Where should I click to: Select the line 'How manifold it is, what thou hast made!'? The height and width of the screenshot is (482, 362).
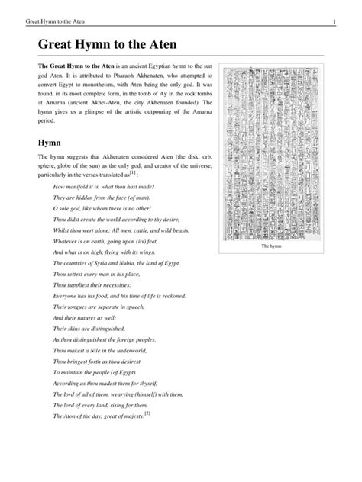pos(103,186)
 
